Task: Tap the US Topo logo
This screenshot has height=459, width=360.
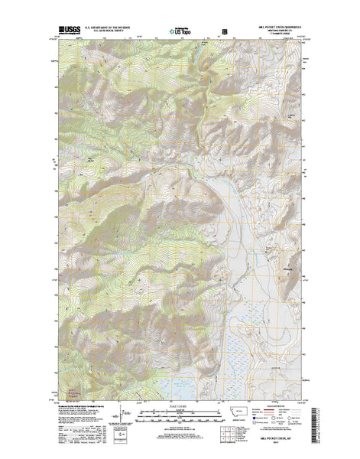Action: point(180,33)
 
